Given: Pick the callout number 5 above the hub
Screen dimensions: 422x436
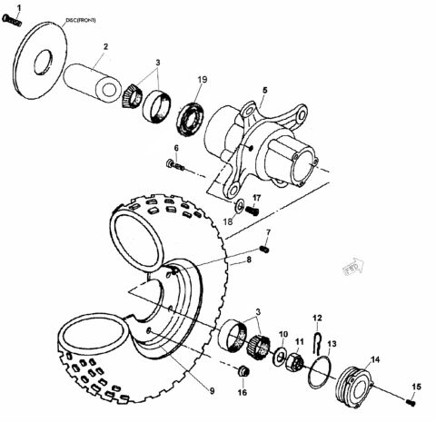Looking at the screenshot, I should (264, 91).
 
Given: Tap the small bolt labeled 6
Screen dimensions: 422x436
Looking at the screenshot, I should (174, 166).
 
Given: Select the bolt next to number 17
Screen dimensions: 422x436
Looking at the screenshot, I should (253, 211).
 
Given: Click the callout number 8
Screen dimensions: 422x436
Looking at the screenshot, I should (246, 260).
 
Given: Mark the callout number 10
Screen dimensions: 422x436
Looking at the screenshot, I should (282, 333).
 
